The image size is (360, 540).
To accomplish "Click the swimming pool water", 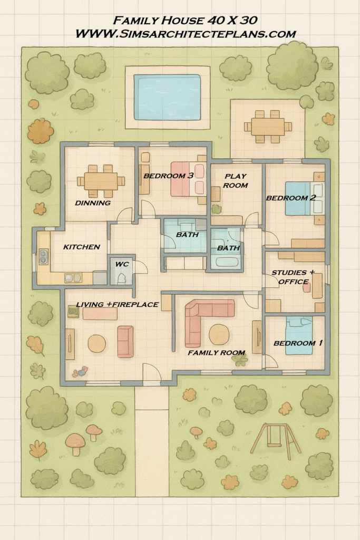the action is pyautogui.click(x=167, y=97).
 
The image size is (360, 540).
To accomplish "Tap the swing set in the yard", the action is pyautogui.click(x=275, y=442).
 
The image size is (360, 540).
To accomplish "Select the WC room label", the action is pyautogui.click(x=122, y=264).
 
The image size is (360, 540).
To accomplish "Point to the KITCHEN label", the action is pyautogui.click(x=82, y=247).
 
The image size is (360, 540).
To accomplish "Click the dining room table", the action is pyautogui.click(x=101, y=181).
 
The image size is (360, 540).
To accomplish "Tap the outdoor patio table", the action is pyautogui.click(x=268, y=127).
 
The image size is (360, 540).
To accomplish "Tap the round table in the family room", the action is pyautogui.click(x=219, y=334).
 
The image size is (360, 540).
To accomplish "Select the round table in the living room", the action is pyautogui.click(x=96, y=344).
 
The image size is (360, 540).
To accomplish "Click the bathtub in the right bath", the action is pyautogui.click(x=227, y=262).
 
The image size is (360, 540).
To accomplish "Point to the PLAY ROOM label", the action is pyautogui.click(x=236, y=181).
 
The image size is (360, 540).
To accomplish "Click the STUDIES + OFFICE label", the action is pyautogui.click(x=293, y=277).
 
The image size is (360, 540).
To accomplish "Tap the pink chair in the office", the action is pyautogui.click(x=307, y=287).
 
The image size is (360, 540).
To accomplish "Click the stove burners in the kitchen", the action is pyautogui.click(x=43, y=257).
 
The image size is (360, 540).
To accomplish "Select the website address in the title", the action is pyautogui.click(x=186, y=34).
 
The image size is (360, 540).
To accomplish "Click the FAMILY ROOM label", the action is pyautogui.click(x=217, y=353).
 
